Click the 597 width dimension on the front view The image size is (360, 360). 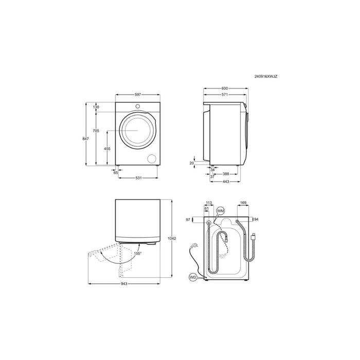pyautogui.click(x=138, y=95)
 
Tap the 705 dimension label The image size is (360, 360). pyautogui.click(x=96, y=132)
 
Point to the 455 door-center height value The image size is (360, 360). pyautogui.click(x=107, y=148)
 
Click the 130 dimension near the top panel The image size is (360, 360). pyautogui.click(x=96, y=107)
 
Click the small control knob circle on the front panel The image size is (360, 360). pyautogui.click(x=137, y=106)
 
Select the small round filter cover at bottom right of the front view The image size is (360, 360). pyautogui.click(x=152, y=158)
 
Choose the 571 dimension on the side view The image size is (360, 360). pyautogui.click(x=224, y=95)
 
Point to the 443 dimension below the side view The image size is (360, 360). pyautogui.click(x=225, y=182)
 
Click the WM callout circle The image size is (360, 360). pyautogui.click(x=221, y=211)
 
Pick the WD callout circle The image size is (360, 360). pyautogui.click(x=193, y=278)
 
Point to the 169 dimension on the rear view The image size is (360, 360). pyautogui.click(x=243, y=203)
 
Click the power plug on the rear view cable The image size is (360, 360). pyautogui.click(x=195, y=245)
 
